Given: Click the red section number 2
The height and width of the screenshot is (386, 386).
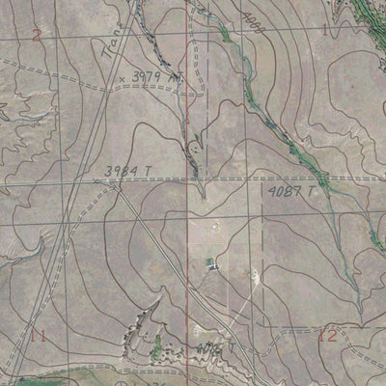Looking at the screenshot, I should click(x=36, y=36).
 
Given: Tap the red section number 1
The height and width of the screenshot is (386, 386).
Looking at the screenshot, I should click(x=324, y=30).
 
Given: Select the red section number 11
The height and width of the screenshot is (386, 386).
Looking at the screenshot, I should click(x=39, y=336).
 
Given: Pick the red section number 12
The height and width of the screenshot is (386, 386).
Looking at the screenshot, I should click(x=328, y=336).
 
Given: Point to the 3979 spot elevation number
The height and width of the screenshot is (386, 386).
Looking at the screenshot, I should click(x=145, y=75).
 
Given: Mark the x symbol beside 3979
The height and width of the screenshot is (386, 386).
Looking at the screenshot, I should click(x=122, y=77).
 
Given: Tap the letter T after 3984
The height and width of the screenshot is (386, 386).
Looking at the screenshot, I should click(x=150, y=172).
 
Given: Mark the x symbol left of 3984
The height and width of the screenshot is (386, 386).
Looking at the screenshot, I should click(x=96, y=179).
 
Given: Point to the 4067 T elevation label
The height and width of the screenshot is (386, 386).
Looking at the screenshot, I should click(x=214, y=347).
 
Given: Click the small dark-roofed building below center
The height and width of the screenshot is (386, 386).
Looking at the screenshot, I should click(x=213, y=262).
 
